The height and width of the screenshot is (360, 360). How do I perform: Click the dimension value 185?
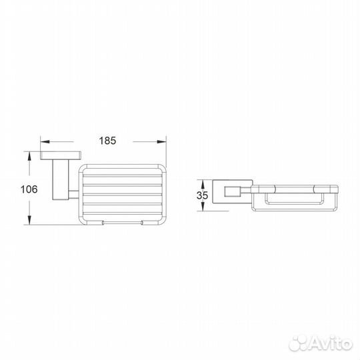107,141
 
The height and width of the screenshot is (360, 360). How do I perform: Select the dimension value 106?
29,189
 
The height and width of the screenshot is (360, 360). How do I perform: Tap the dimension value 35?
202,195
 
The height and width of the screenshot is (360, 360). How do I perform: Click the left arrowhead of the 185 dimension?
45,141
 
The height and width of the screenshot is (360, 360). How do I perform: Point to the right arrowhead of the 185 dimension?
161,141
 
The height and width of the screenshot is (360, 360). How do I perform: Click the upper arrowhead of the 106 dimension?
29,156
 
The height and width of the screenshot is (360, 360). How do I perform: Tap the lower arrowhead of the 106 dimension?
29,220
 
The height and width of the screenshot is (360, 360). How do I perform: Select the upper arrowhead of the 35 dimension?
203,185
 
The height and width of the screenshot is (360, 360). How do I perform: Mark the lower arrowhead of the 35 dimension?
203,207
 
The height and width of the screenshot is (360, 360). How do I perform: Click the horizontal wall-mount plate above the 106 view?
61,155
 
